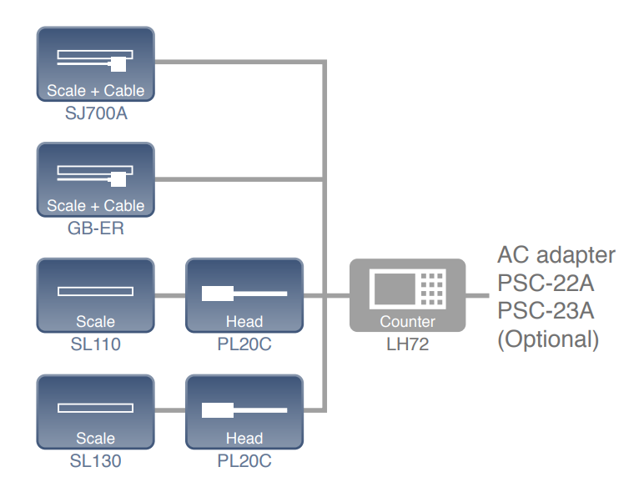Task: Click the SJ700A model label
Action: tap(96, 113)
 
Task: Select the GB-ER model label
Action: tap(96, 228)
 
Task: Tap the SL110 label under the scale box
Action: tap(96, 343)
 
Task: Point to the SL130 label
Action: tap(96, 459)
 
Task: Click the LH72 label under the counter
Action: tap(407, 344)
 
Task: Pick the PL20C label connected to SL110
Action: tap(244, 343)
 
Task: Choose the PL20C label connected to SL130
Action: tap(244, 459)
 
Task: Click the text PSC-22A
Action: tap(546, 283)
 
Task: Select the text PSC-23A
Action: tap(546, 311)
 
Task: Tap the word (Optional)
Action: tap(548, 339)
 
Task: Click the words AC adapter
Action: tap(556, 254)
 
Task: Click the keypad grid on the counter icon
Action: tap(432, 288)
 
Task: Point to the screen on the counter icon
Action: tap(392, 288)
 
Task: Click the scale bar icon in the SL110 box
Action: tap(95, 291)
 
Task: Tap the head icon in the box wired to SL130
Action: tap(244, 409)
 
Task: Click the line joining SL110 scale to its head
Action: tap(170, 295)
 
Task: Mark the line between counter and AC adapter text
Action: tap(477, 295)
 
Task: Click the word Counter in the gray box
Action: tap(407, 322)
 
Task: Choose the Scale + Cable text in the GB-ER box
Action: tap(96, 206)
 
